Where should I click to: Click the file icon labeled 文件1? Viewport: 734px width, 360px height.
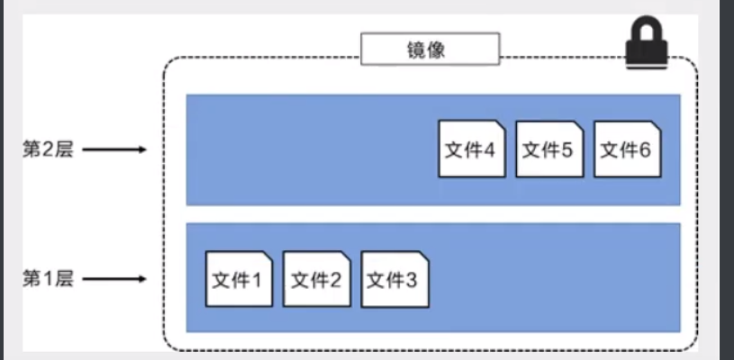pos(239,279)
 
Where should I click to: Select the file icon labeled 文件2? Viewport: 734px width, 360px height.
pos(316,279)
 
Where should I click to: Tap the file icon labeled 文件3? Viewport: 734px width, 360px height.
pos(394,279)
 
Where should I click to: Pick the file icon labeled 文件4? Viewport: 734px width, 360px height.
pos(472,148)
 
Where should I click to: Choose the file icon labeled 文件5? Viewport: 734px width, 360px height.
pos(549,148)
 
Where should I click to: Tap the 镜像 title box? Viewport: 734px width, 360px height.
pos(430,49)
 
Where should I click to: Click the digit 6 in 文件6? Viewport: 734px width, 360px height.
pos(645,149)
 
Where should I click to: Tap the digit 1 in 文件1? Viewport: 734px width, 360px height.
pos(256,280)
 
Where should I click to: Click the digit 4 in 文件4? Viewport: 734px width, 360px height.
pos(489,149)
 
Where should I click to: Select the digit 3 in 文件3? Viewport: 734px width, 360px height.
pos(412,280)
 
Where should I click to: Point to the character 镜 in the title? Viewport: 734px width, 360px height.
pos(418,49)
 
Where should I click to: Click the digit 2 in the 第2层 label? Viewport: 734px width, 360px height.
pos(47,148)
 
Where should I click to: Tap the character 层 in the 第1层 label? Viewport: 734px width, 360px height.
pos(63,279)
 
